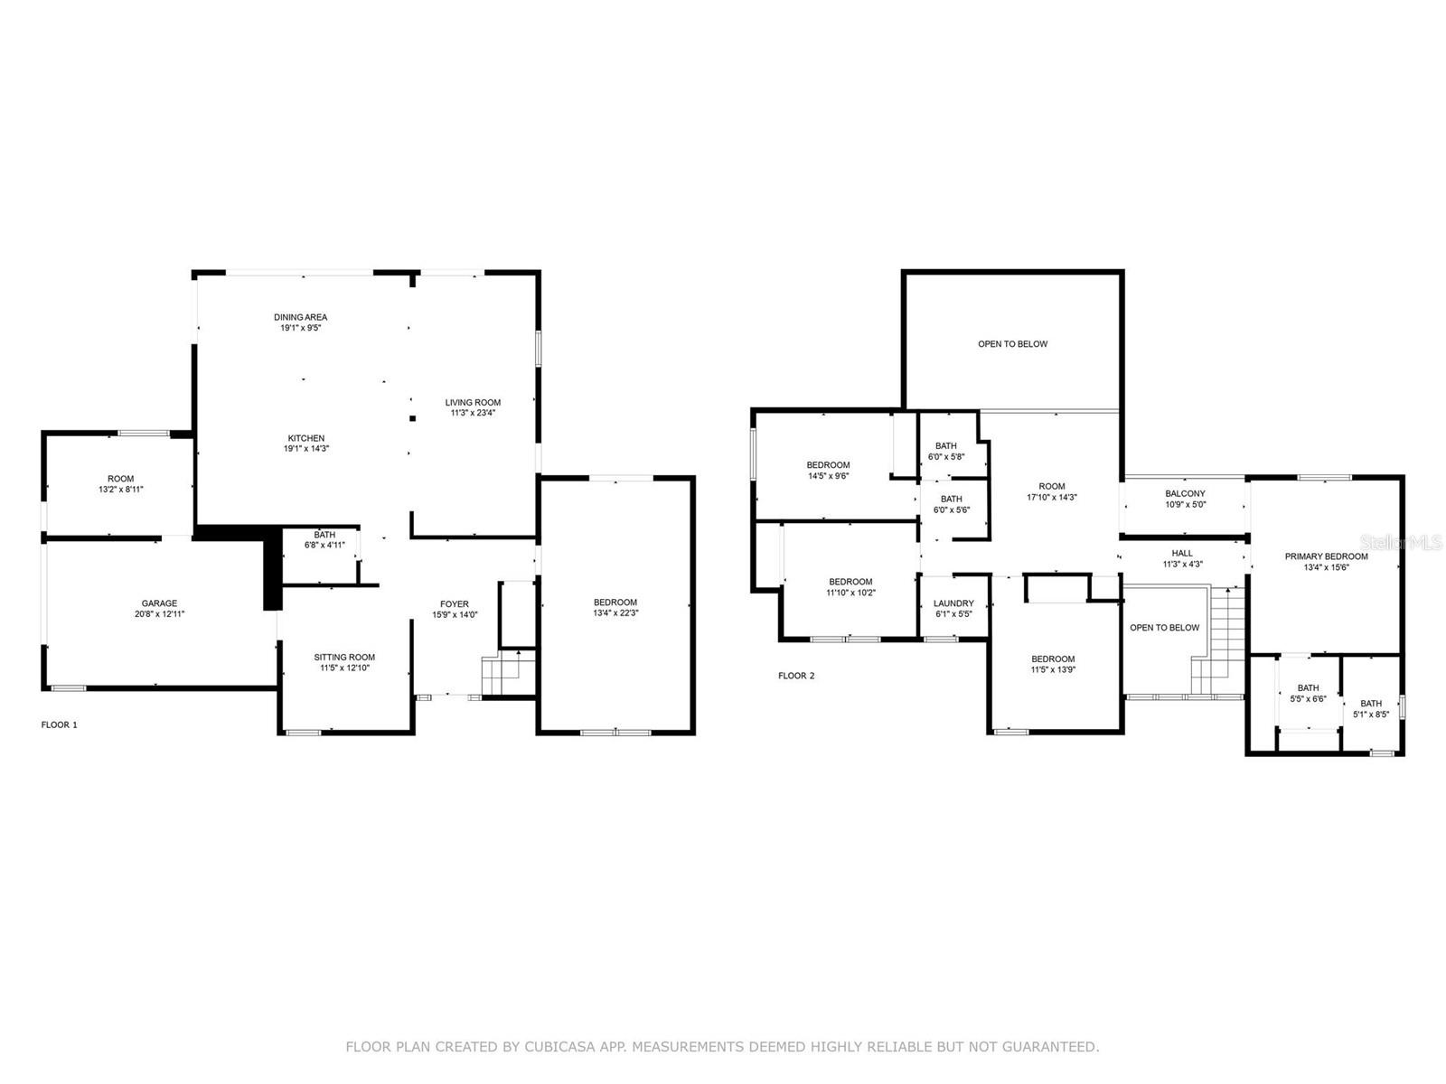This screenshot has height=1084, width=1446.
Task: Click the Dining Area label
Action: pyautogui.click(x=300, y=317)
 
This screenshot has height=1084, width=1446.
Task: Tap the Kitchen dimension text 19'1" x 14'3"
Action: pyautogui.click(x=306, y=449)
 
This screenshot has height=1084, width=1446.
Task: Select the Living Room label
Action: pyautogui.click(x=473, y=402)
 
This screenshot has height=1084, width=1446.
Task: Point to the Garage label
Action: pyautogui.click(x=159, y=603)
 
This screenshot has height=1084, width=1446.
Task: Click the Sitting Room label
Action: pyautogui.click(x=344, y=657)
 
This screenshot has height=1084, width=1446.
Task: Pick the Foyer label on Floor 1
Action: pyautogui.click(x=455, y=603)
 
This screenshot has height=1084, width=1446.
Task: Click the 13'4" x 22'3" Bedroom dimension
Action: pyautogui.click(x=615, y=612)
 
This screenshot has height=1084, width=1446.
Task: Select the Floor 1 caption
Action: pyautogui.click(x=60, y=724)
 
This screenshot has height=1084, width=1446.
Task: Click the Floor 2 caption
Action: pyautogui.click(x=796, y=676)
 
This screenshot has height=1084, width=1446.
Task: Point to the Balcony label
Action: pyautogui.click(x=1185, y=493)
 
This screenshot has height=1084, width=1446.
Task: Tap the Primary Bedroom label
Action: pyautogui.click(x=1326, y=556)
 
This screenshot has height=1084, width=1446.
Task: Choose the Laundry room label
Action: pyautogui.click(x=953, y=603)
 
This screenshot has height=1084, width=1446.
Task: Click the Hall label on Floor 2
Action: pyautogui.click(x=1182, y=553)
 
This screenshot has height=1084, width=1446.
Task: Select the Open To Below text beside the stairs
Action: pyautogui.click(x=1164, y=627)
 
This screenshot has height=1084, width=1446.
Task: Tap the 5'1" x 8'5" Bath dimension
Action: pyautogui.click(x=1371, y=715)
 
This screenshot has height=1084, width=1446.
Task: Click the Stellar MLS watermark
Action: pyautogui.click(x=1401, y=542)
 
